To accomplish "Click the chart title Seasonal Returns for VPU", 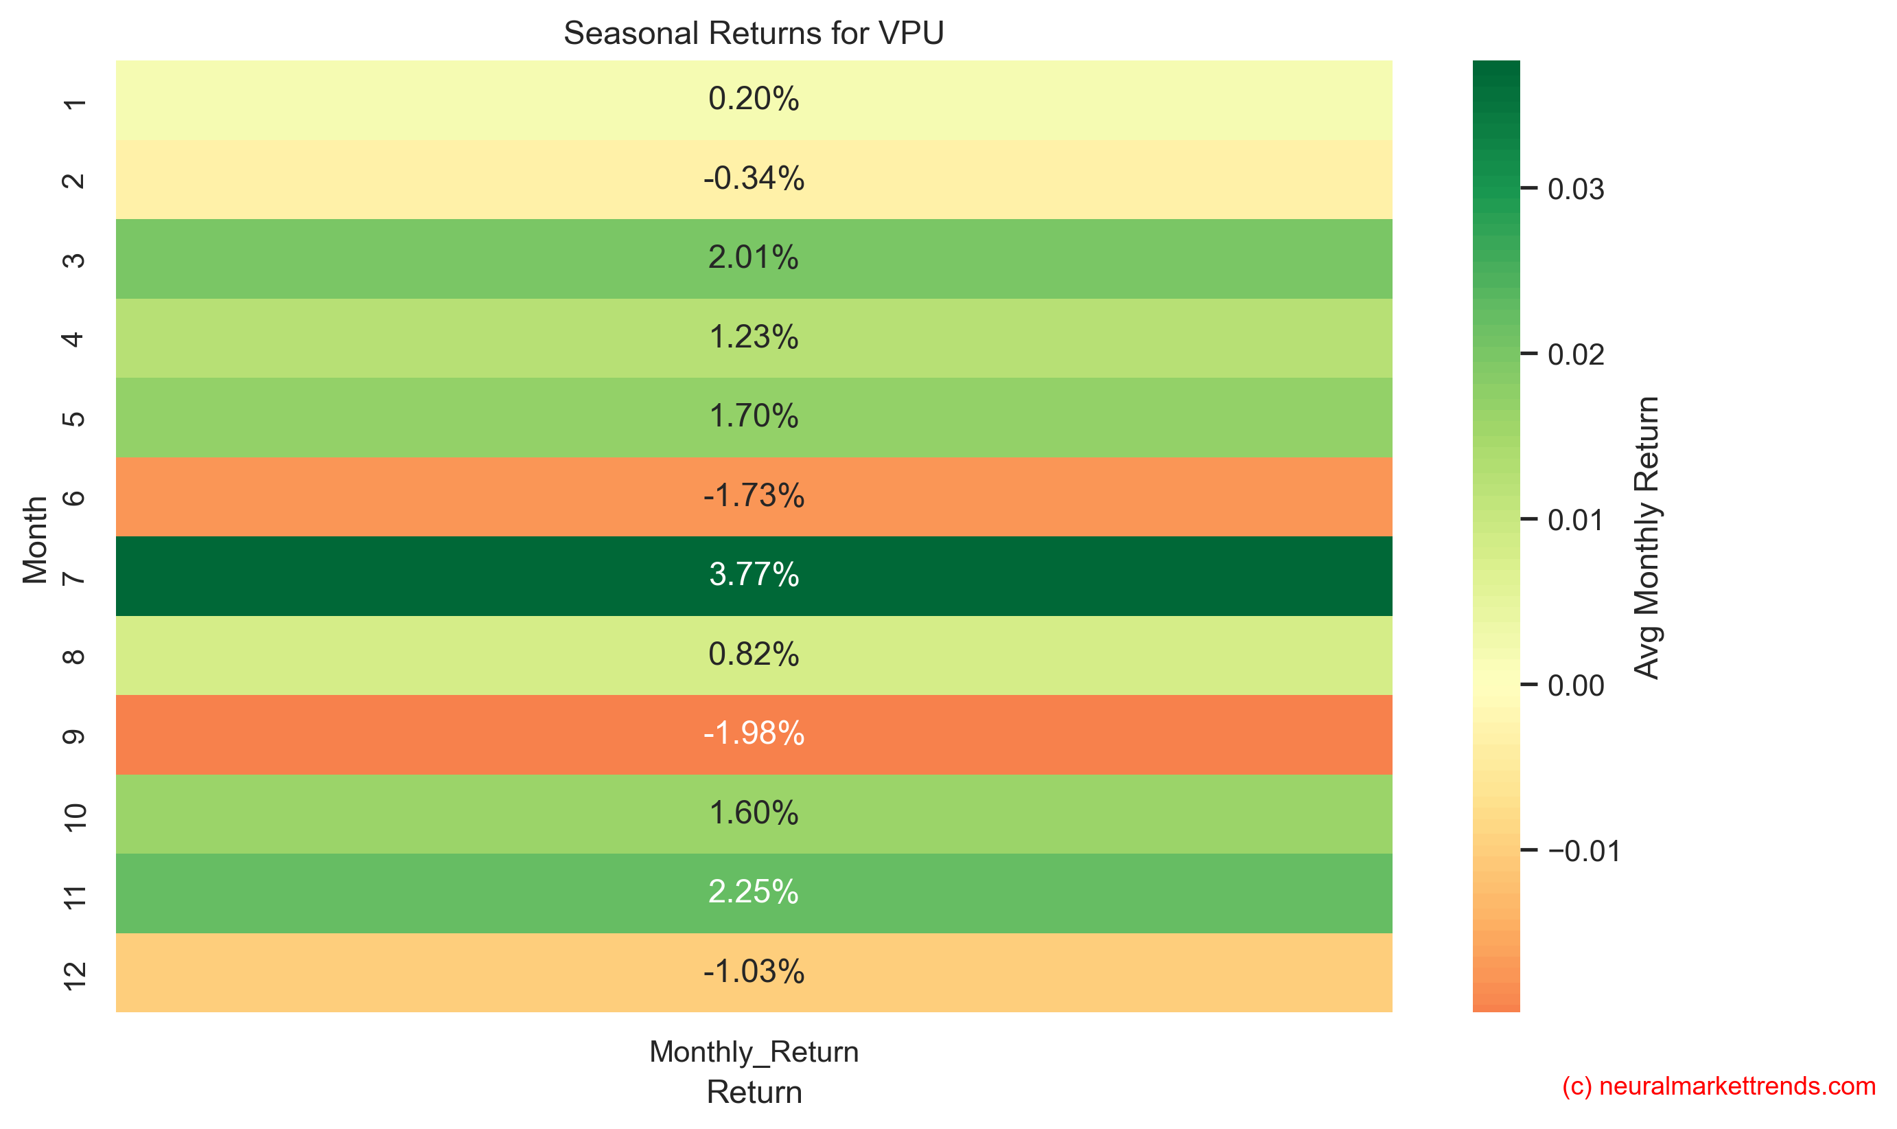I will pos(753,34).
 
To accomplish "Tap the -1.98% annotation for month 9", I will pos(753,733).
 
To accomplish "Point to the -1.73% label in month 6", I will pos(753,496).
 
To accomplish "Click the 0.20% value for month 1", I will pos(753,99).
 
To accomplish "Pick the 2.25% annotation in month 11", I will pos(753,891).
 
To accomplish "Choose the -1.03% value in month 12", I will pos(753,972).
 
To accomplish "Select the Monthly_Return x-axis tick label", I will pos(753,1051).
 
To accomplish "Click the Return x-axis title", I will pos(753,1092).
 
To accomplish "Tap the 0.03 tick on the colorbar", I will pos(1574,189).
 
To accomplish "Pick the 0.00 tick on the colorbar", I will pos(1574,685).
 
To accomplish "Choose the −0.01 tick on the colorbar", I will pos(1582,851).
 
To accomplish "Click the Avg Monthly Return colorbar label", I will pos(1646,537).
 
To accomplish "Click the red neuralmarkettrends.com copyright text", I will pos(1718,1086).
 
